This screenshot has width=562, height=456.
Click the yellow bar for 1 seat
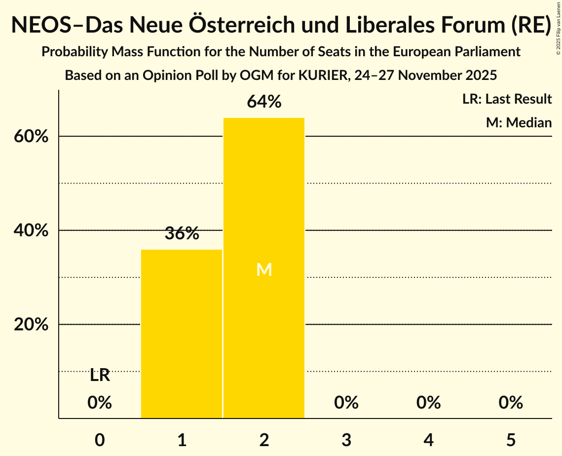pos(182,334)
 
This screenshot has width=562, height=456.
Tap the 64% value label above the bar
pos(264,102)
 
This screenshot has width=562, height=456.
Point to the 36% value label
pos(182,233)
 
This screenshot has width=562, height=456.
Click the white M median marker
pos(264,269)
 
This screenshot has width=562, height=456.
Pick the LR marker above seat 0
pos(100,376)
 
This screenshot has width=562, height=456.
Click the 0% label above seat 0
pos(100,403)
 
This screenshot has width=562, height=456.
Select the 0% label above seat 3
pos(346,403)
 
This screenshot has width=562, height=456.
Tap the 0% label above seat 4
pos(428,403)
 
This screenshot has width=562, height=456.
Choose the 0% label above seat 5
pos(510,403)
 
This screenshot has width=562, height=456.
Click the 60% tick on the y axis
pos(31,137)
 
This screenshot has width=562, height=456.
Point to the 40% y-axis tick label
pos(31,230)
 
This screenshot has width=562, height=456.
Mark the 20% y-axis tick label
pos(31,325)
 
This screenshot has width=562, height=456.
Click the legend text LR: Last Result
pos(507,99)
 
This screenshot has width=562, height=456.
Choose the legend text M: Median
pos(519,122)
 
